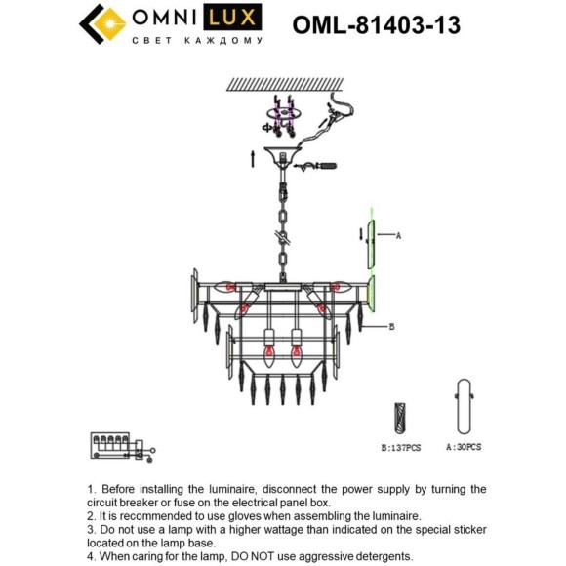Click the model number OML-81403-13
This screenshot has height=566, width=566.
point(376,25)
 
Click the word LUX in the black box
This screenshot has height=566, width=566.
point(232,17)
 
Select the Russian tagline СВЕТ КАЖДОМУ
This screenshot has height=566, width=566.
point(197,40)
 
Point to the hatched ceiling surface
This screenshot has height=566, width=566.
point(285,84)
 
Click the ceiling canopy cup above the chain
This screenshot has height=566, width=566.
point(283,155)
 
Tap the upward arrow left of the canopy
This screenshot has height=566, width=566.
point(253,159)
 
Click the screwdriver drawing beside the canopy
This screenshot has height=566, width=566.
point(315,167)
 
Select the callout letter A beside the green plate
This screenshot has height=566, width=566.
point(398,236)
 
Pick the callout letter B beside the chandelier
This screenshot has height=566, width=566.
point(392,327)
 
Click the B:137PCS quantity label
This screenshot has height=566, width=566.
point(401,448)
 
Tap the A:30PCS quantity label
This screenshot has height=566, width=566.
point(464,447)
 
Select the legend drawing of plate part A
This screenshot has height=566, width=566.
point(465,407)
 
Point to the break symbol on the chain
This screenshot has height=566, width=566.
point(283,238)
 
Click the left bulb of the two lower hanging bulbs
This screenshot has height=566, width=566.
point(269,354)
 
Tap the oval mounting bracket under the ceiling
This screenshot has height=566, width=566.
point(284,113)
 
